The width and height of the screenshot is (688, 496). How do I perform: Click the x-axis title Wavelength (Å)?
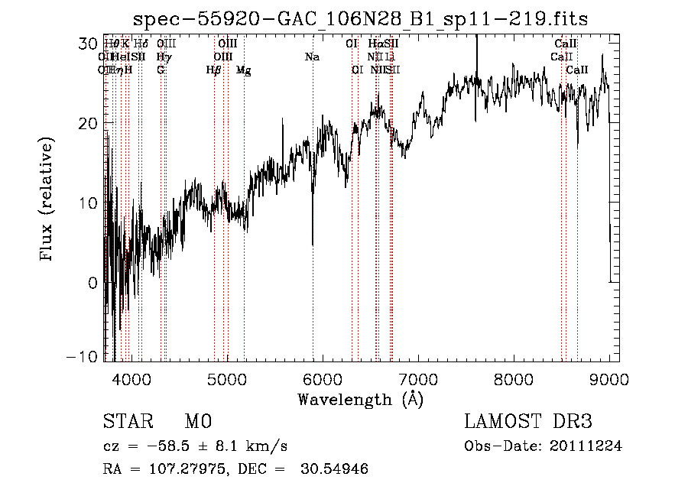point(360,399)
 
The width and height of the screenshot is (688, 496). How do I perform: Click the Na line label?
point(312,57)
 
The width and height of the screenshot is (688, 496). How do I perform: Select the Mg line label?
point(243,70)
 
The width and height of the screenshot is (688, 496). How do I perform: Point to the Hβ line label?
point(213,70)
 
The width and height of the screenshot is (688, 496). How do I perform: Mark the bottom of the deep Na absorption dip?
point(313,244)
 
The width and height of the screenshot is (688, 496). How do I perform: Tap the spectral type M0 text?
point(197,422)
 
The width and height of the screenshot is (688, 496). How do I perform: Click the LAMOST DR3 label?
point(528,422)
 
